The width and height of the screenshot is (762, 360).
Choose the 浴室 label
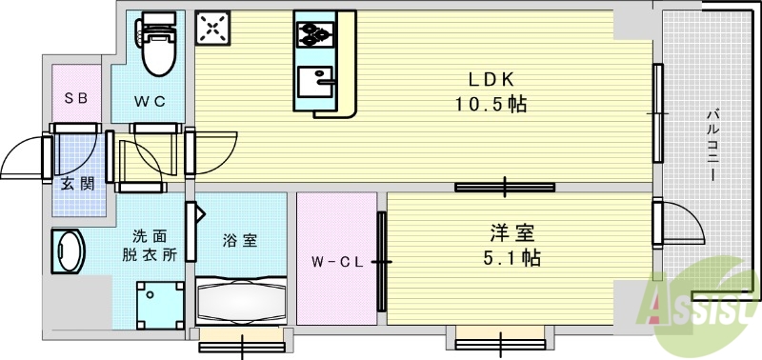tap(240, 241)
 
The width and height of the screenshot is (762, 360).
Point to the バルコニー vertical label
tap(712, 148)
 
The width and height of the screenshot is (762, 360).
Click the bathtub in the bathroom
tap(241, 304)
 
